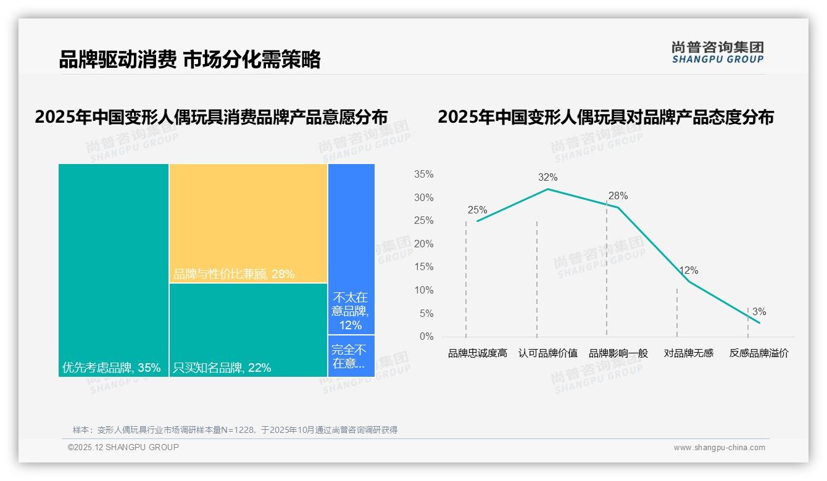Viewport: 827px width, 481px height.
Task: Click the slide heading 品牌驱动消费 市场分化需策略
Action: click(189, 60)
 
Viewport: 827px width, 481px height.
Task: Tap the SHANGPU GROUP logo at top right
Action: click(717, 52)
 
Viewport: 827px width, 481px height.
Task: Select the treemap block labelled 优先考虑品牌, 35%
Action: click(114, 269)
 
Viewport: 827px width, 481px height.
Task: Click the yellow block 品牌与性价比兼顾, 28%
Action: click(248, 223)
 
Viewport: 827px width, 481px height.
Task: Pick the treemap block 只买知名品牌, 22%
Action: click(248, 330)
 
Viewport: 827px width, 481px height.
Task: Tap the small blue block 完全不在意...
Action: click(351, 356)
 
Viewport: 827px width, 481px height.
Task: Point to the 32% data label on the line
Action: click(547, 178)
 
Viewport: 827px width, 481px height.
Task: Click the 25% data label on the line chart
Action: click(477, 210)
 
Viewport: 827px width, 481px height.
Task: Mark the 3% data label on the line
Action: click(759, 312)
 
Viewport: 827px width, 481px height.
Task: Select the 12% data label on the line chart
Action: click(689, 271)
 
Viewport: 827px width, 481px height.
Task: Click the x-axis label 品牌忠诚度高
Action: click(477, 353)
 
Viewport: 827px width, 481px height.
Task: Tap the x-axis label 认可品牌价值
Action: click(547, 353)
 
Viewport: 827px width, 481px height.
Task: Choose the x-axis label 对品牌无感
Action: click(689, 353)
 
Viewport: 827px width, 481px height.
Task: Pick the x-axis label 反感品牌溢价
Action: click(759, 353)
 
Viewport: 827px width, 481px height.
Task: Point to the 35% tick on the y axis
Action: click(423, 175)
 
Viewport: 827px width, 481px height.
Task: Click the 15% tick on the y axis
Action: click(423, 267)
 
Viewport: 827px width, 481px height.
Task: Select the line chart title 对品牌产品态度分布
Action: click(605, 117)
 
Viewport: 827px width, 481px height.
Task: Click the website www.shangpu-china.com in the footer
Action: click(719, 448)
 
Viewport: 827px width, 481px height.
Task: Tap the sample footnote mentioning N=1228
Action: click(235, 430)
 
